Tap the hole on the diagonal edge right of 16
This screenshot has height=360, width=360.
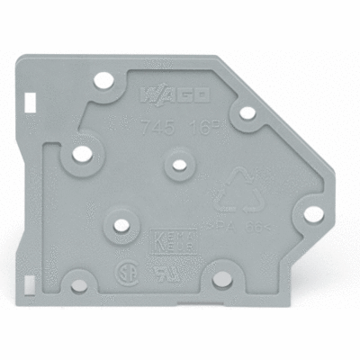[244, 115]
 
